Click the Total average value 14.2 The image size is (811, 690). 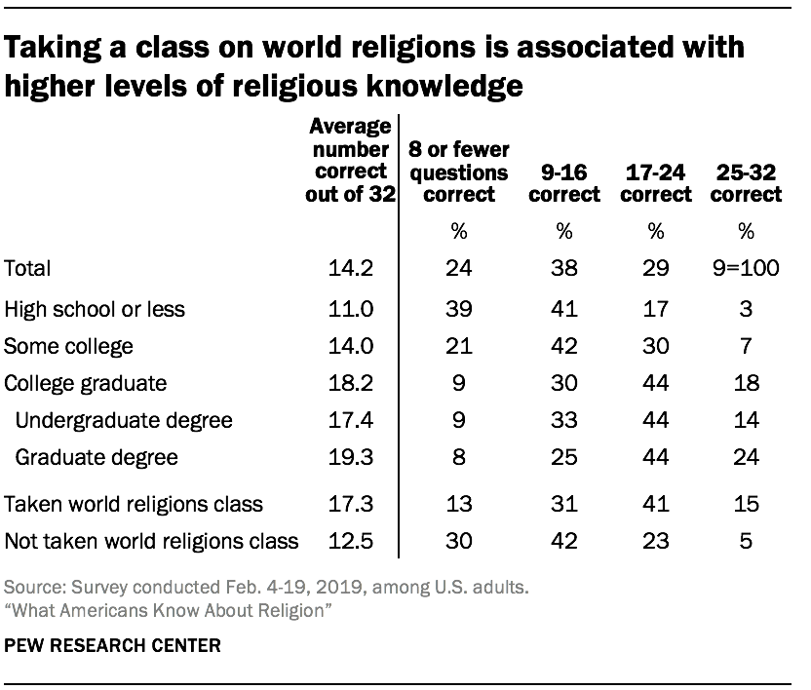[352, 268]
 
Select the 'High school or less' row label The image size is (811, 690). [95, 310]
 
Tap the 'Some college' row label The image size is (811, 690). [69, 346]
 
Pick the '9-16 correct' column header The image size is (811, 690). [563, 183]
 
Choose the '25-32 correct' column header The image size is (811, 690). [746, 183]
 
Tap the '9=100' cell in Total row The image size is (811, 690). [746, 268]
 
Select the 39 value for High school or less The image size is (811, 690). [456, 310]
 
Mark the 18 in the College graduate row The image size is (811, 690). [746, 383]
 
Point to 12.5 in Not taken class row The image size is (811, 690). [352, 541]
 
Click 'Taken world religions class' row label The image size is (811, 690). [135, 504]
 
